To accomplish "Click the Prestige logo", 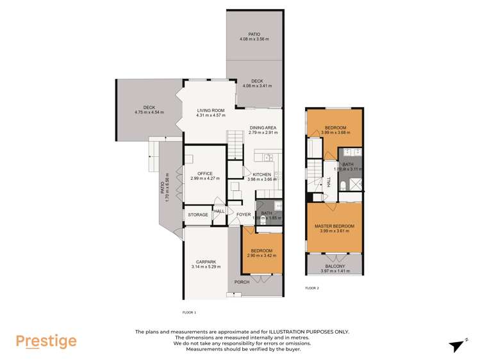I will (x=46, y=341).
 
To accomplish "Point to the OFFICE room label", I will (x=204, y=174).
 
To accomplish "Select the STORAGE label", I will (x=197, y=215).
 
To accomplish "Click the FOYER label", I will (x=244, y=215).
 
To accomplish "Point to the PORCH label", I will (x=242, y=282).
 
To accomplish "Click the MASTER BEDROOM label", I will (x=334, y=226).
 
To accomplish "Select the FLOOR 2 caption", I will (x=312, y=288).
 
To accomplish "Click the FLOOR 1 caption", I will (x=189, y=312).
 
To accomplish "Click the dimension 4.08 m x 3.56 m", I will (x=254, y=40).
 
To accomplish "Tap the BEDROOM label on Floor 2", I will (x=335, y=128).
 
